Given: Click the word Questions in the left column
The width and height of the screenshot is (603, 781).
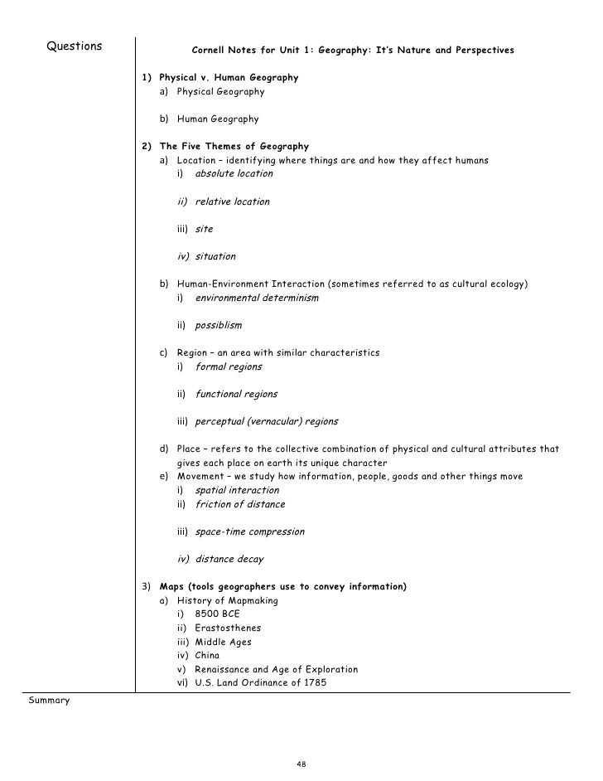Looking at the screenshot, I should click(75, 46).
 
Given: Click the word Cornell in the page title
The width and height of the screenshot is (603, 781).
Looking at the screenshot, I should click(212, 51).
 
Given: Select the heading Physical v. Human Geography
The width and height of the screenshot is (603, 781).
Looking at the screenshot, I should click(229, 78).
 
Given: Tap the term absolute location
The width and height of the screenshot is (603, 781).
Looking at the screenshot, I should click(234, 174).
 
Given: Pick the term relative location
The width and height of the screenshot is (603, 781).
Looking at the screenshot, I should click(232, 201).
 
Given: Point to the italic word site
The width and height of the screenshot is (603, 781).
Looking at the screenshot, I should click(204, 229).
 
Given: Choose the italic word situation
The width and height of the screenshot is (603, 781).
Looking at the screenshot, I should click(215, 256).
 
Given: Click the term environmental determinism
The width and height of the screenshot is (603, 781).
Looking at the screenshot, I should click(256, 298).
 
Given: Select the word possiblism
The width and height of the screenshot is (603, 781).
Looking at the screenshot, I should click(219, 325).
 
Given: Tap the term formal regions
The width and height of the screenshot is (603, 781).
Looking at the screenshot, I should click(228, 366).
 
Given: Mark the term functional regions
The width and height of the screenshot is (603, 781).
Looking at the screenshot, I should click(236, 394).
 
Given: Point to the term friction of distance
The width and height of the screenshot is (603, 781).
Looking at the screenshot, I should click(239, 504).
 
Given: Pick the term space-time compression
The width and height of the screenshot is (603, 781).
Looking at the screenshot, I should click(249, 531).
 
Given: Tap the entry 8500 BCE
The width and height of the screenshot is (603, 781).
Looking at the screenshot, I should click(218, 614).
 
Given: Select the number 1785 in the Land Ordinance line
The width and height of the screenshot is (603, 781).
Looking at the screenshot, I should click(314, 683).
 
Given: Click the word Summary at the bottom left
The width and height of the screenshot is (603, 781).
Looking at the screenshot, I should click(50, 701).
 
